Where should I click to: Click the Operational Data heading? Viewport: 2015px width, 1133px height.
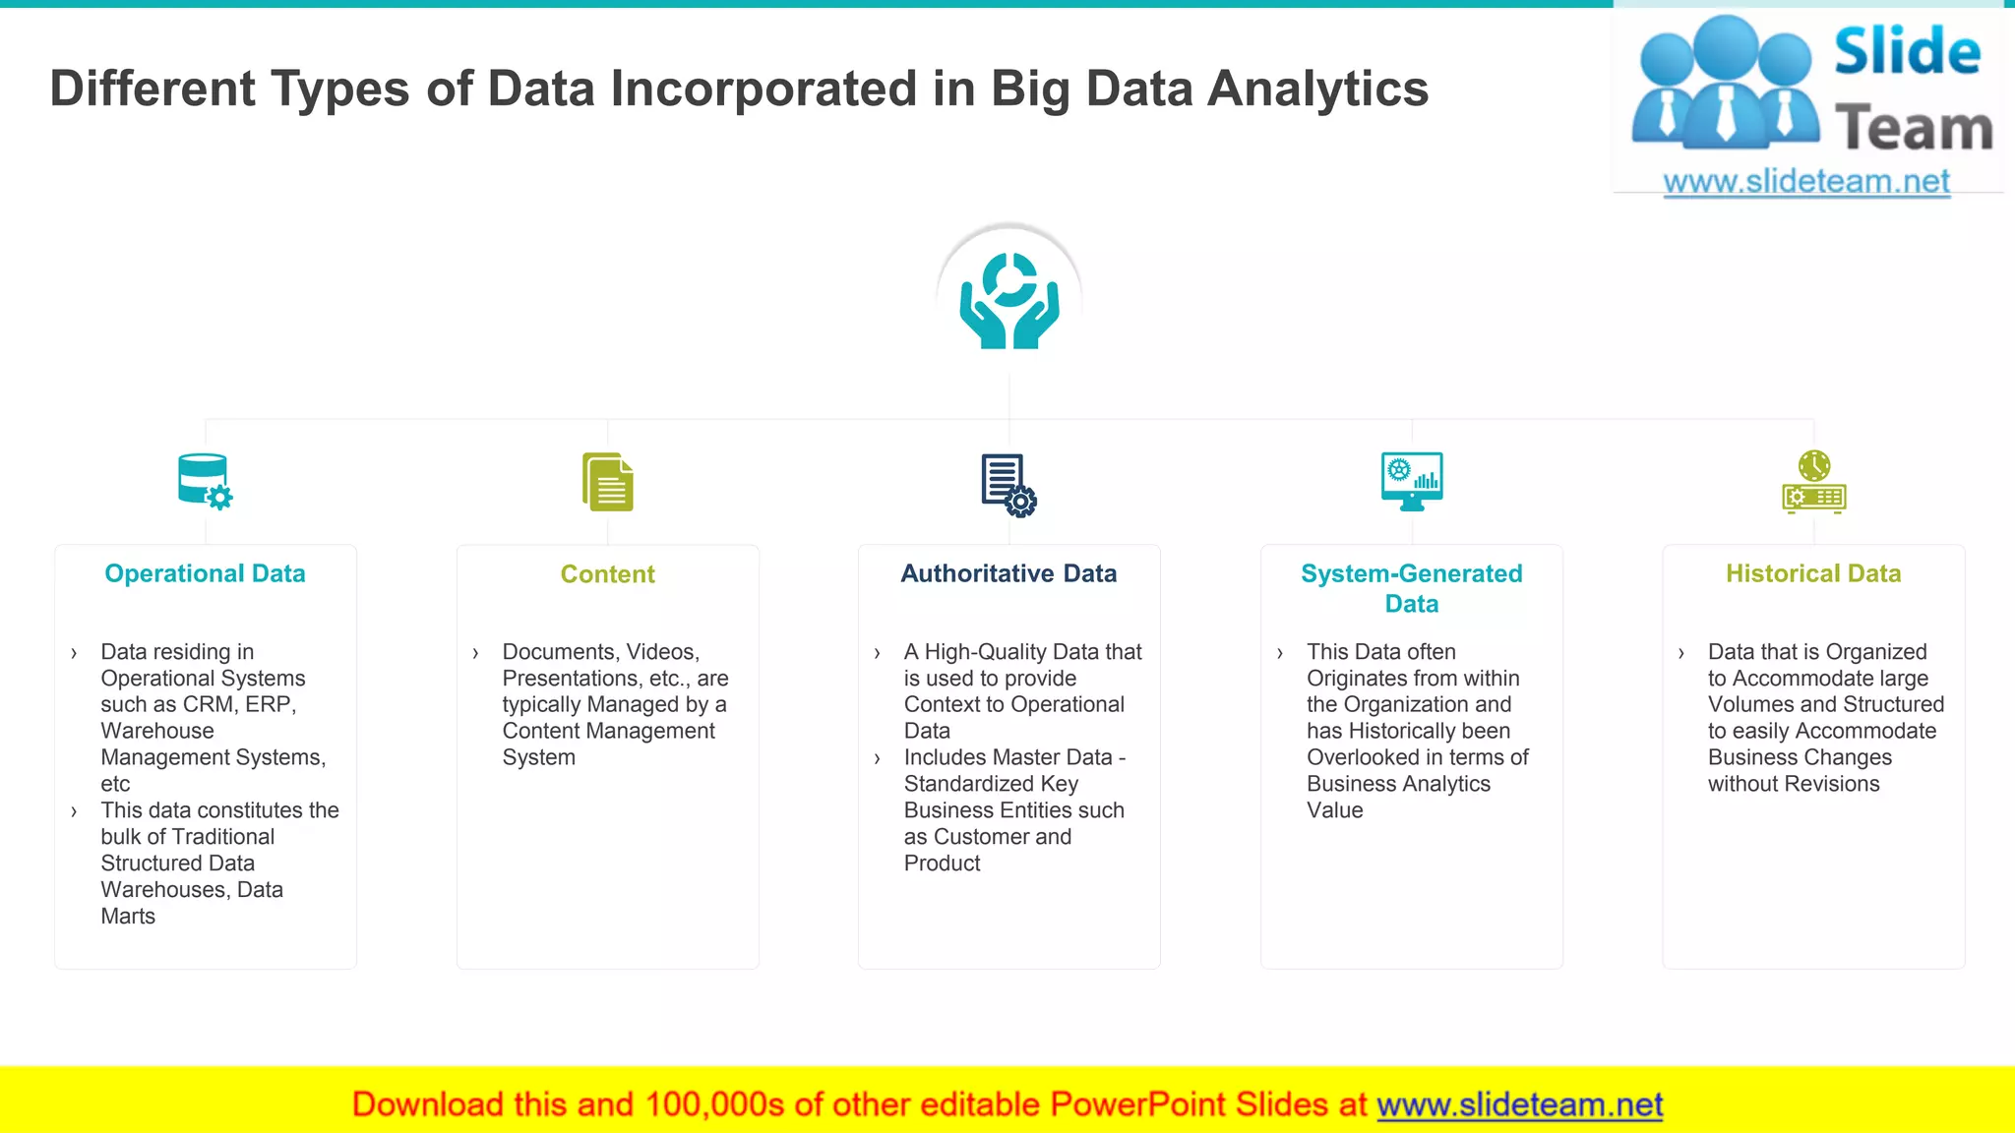click(x=205, y=573)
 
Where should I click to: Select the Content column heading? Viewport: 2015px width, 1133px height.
click(x=607, y=574)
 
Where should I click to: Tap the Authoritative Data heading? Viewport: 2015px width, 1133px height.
click(x=1008, y=573)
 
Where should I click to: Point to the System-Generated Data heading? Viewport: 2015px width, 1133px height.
click(x=1411, y=588)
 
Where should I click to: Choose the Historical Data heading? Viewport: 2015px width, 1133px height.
click(x=1813, y=573)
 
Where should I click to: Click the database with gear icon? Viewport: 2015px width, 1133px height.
click(x=205, y=482)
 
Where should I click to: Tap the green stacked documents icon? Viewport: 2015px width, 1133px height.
click(x=607, y=482)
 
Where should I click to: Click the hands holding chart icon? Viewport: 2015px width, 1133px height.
click(x=1009, y=301)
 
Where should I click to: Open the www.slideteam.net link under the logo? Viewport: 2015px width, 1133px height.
click(x=1806, y=182)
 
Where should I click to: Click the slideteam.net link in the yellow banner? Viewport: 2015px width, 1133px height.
click(x=1519, y=1104)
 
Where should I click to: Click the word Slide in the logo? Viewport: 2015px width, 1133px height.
click(x=1907, y=52)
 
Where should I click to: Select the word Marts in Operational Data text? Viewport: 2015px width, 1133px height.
click(x=128, y=917)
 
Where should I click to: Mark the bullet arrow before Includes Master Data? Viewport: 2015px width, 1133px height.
click(x=877, y=758)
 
